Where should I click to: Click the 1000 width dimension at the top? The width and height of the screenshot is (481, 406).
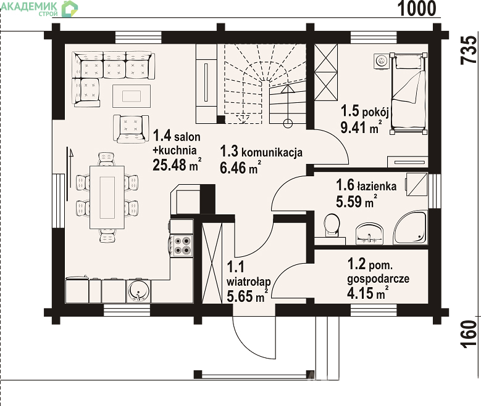pos(417,8)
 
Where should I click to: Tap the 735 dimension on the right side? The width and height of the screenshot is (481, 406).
pos(469,50)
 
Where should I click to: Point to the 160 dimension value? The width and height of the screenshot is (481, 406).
pos(469,334)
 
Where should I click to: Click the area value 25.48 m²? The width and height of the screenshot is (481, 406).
pos(177,165)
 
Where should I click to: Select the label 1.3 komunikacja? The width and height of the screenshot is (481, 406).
pos(261,152)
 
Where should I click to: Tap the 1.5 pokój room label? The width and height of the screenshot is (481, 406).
pos(365,111)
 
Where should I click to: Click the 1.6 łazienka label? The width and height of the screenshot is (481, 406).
pos(366,185)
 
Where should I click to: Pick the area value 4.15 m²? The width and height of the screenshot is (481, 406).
pos(368,293)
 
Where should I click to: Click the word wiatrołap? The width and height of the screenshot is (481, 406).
pos(248,282)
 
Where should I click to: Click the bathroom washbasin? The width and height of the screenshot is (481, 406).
pos(369,234)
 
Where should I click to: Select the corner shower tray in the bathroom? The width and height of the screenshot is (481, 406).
pos(411,227)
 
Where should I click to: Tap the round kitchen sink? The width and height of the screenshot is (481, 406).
pos(138,291)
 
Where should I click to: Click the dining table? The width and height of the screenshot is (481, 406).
pos(107,198)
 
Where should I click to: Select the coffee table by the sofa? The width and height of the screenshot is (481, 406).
pos(132,96)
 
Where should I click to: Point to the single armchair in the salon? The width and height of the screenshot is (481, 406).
pos(131,129)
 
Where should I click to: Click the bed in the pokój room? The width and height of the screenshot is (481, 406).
pos(409,94)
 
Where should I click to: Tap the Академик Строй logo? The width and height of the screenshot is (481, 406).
pos(40,8)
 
